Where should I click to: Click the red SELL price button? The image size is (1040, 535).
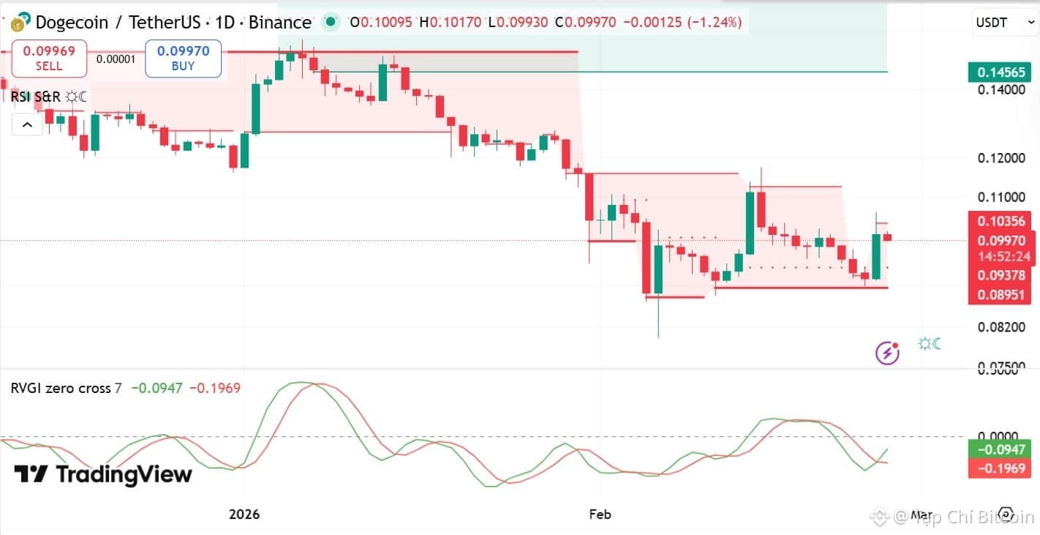point(50,59)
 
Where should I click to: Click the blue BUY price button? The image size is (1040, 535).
point(183,59)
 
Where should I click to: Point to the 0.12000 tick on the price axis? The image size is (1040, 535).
point(1001,158)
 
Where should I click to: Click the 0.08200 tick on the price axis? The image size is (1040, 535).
point(1001,326)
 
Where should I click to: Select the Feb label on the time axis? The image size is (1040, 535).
point(600,515)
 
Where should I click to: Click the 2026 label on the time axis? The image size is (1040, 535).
point(244,515)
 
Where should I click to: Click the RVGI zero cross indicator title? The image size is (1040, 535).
point(66,389)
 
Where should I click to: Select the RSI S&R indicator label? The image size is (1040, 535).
point(36,97)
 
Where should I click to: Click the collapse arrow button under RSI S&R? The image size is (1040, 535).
point(27,125)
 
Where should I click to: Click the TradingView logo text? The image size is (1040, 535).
point(103,474)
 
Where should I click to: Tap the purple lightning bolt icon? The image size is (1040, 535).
point(888,353)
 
